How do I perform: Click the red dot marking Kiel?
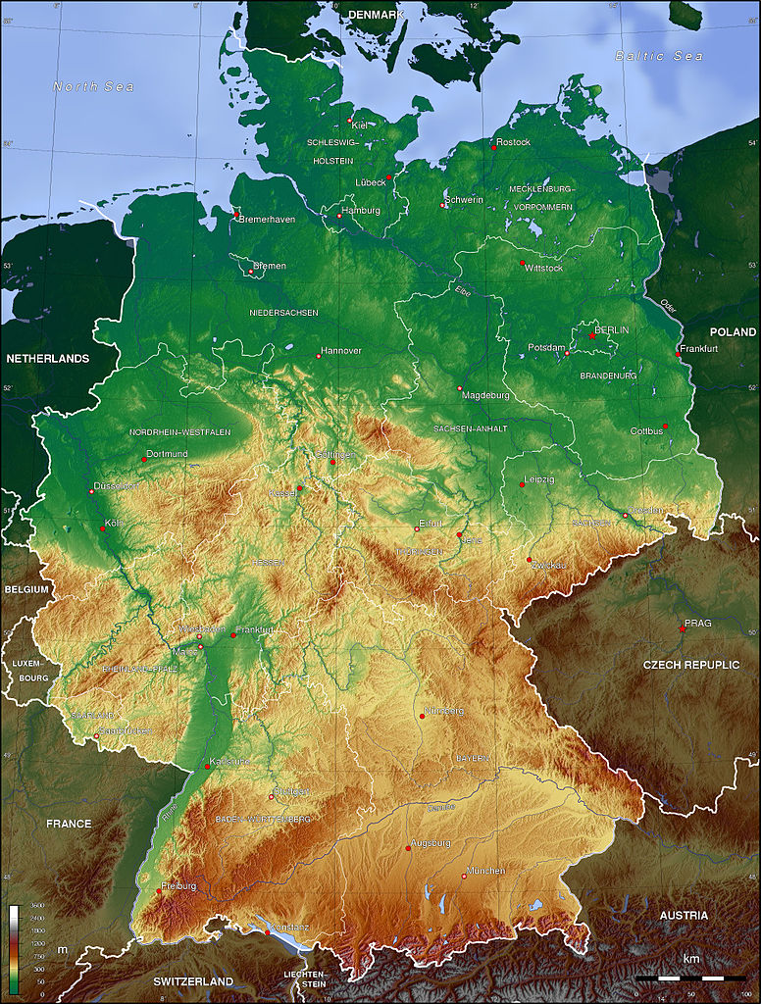[x=350, y=120]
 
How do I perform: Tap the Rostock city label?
[x=513, y=142]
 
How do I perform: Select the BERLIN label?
[x=612, y=329]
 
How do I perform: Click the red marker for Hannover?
[x=319, y=356]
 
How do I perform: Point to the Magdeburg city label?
[x=486, y=395]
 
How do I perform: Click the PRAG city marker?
[x=683, y=627]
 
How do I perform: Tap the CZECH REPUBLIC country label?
[x=690, y=665]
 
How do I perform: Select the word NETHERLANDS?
[x=47, y=359]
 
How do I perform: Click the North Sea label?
[x=93, y=87]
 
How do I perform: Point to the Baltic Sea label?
[x=658, y=56]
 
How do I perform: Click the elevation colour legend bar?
[x=14, y=947]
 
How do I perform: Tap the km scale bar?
[x=690, y=978]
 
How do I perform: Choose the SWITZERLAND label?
[x=192, y=981]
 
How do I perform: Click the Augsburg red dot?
[x=408, y=848]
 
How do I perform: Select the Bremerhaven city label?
[x=268, y=220]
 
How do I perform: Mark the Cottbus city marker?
[x=664, y=426]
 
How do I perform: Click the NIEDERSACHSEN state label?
[x=283, y=312]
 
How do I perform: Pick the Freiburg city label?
[x=179, y=886]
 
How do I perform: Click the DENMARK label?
[x=377, y=15]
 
